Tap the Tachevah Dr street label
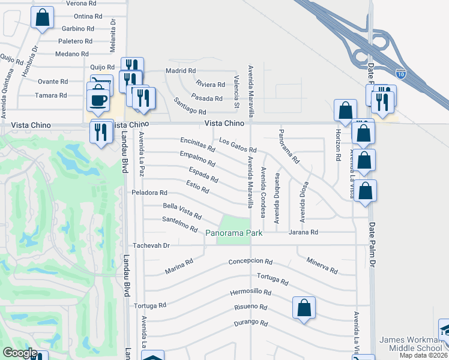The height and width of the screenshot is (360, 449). pos(152,245)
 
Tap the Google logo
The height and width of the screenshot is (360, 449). pos(20,353)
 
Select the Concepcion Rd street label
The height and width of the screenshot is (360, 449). pos(250,262)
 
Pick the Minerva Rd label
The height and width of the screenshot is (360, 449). pos(322,265)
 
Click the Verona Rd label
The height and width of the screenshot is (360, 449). pos(77,3)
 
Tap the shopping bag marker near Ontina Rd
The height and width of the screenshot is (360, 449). pos(42,18)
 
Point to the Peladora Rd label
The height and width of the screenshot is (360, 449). pos(149,193)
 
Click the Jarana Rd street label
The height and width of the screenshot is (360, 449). pos(303,232)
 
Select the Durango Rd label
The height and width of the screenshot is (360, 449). pos(250,323)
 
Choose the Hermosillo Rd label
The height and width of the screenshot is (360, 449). pos(250,293)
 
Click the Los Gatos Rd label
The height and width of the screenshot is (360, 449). pos(238,145)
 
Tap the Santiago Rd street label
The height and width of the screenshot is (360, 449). pos(190,107)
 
